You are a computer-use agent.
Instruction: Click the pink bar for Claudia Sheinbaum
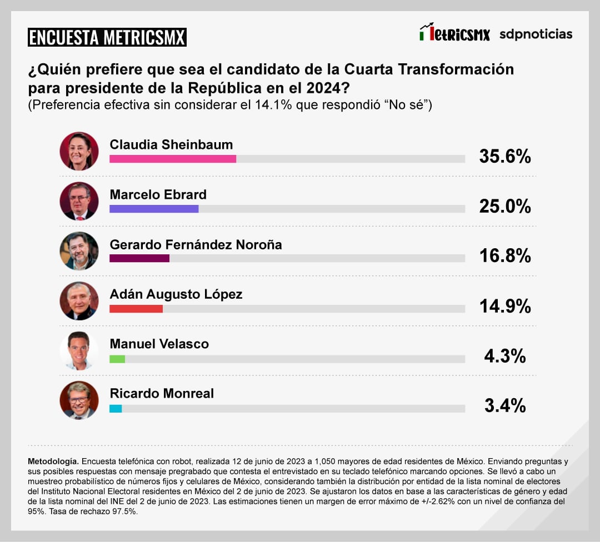(173, 159)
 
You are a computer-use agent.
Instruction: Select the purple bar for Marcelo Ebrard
(154, 209)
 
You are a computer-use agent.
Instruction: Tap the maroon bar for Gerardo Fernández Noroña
(139, 258)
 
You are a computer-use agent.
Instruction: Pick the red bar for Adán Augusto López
(136, 308)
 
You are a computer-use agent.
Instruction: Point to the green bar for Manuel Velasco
(117, 359)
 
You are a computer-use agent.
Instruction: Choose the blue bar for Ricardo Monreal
(116, 409)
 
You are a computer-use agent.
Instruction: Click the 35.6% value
(505, 157)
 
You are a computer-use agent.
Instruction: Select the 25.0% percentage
(505, 207)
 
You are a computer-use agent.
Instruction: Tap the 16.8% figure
(505, 256)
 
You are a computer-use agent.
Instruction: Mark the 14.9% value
(505, 306)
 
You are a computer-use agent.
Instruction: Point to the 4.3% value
(505, 356)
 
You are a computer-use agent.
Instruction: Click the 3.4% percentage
(505, 406)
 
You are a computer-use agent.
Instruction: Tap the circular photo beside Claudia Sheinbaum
(79, 151)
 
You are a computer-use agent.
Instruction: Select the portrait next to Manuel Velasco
(79, 351)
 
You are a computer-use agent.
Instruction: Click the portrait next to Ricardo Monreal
(79, 400)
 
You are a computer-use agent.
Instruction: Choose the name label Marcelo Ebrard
(158, 194)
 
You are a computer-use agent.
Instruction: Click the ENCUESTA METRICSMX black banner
(107, 37)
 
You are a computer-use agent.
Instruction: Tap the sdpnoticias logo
(536, 34)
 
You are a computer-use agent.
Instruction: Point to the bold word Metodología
(53, 461)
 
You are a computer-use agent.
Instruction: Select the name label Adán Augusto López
(176, 294)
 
